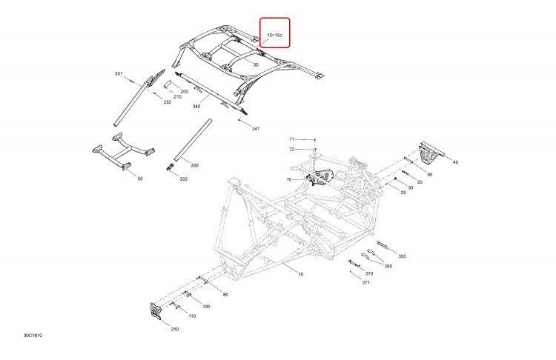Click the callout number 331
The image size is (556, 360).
tap(119, 73)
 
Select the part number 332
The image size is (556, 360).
tap(168, 102)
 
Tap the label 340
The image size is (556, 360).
tap(196, 107)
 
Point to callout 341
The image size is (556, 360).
tap(255, 129)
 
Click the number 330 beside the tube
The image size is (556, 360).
tap(195, 165)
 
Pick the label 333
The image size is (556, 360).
tap(183, 179)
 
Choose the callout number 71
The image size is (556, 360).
tap(291, 139)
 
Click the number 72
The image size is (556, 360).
tap(291, 149)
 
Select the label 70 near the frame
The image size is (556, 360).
tap(289, 180)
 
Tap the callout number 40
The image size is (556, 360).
tap(456, 162)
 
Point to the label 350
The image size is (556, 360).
tap(402, 256)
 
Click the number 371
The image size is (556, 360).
tap(366, 282)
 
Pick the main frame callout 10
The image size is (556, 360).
tap(301, 274)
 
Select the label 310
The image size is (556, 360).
tap(175, 329)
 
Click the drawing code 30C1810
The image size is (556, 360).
tap(33, 336)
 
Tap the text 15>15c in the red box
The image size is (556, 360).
tap(275, 35)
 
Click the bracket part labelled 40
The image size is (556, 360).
tap(431, 153)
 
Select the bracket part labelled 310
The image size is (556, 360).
tap(156, 311)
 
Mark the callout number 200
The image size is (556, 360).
tap(185, 91)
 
